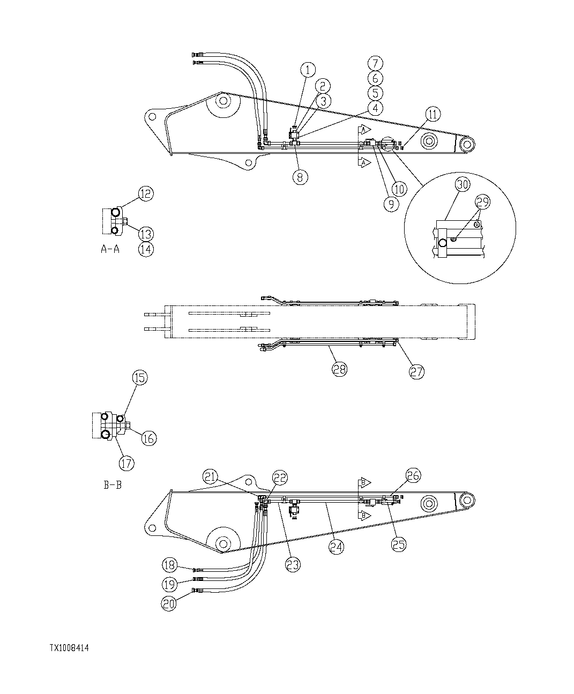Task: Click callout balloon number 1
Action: click(x=307, y=70)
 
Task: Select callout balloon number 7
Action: click(x=375, y=63)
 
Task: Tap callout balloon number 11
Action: click(x=433, y=114)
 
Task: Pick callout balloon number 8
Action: click(x=300, y=177)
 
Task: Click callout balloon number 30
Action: click(x=463, y=184)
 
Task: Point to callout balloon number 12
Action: click(x=145, y=193)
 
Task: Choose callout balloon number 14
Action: click(x=145, y=249)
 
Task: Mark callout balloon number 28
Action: click(x=339, y=369)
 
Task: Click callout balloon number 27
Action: click(x=416, y=372)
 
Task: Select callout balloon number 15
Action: click(x=139, y=378)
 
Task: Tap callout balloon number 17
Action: click(x=126, y=462)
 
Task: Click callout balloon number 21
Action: click(x=211, y=476)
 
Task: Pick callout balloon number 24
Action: click(x=336, y=547)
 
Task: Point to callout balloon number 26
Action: click(x=413, y=475)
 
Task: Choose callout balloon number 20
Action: click(x=169, y=603)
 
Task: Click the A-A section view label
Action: click(x=110, y=249)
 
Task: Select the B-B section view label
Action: click(x=112, y=486)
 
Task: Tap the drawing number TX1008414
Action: click(x=70, y=648)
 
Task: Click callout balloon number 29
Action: click(x=483, y=202)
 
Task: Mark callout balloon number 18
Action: click(x=169, y=565)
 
